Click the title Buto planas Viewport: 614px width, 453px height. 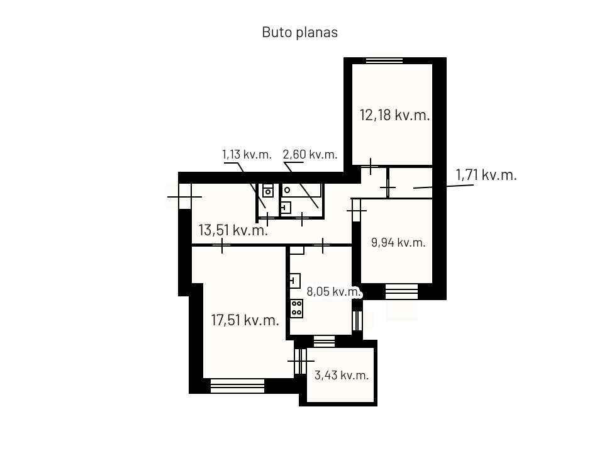pyautogui.click(x=299, y=32)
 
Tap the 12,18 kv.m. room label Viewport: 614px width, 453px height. pyautogui.click(x=394, y=115)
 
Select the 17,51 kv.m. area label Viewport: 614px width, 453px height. pyautogui.click(x=245, y=320)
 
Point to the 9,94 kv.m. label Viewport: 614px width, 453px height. pyautogui.click(x=398, y=243)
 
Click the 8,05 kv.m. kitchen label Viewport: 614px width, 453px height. pyautogui.click(x=333, y=292)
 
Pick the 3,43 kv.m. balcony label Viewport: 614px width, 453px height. pyautogui.click(x=342, y=376)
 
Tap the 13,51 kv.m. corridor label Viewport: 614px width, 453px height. pyautogui.click(x=233, y=230)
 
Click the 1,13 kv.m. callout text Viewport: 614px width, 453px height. pyautogui.click(x=247, y=155)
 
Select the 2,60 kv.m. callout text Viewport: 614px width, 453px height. pyautogui.click(x=310, y=155)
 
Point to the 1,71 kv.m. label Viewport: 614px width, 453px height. pyautogui.click(x=486, y=175)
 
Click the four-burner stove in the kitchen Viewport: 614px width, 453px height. pyautogui.click(x=296, y=308)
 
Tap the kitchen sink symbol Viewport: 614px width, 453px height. pyautogui.click(x=295, y=281)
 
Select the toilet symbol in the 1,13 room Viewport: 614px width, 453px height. pyautogui.click(x=268, y=190)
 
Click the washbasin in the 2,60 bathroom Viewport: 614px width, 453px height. pyautogui.click(x=286, y=207)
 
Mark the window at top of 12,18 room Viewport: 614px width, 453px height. pyautogui.click(x=384, y=60)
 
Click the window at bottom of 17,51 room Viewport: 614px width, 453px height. pyautogui.click(x=237, y=386)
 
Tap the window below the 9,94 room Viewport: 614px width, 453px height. pyautogui.click(x=401, y=292)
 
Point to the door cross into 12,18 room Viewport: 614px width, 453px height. pyautogui.click(x=371, y=166)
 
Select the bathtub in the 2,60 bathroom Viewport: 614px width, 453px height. pyautogui.click(x=301, y=190)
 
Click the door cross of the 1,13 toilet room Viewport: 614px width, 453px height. pyautogui.click(x=267, y=219)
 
